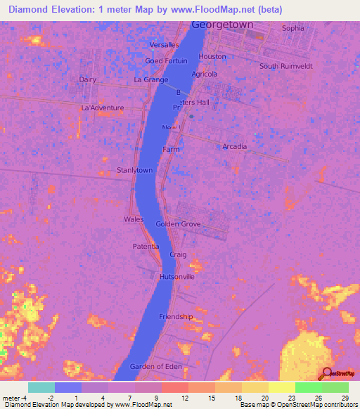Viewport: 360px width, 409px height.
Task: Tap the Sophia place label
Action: click(293, 28)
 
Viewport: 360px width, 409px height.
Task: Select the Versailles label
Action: click(165, 45)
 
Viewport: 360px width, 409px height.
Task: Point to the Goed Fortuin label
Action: click(166, 61)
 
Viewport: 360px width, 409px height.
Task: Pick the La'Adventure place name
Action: click(103, 108)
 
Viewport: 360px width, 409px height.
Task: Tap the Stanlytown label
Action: click(134, 170)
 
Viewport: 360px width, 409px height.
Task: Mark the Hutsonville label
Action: click(176, 277)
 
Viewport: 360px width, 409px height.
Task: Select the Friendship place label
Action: click(176, 316)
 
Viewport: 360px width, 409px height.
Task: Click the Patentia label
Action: click(146, 247)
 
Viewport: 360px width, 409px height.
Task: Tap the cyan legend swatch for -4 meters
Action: click(41, 387)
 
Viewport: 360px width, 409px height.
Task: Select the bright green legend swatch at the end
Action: click(335, 387)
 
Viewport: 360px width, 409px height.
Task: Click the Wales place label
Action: click(134, 219)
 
